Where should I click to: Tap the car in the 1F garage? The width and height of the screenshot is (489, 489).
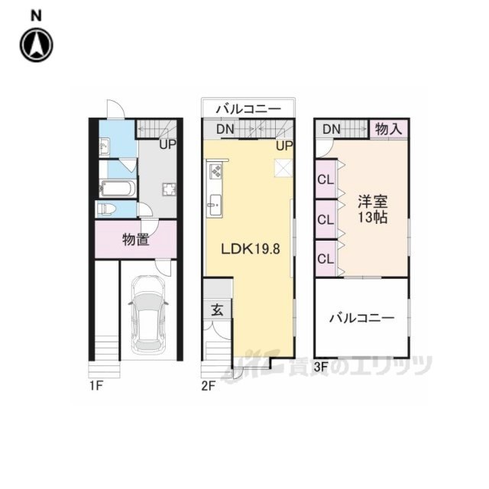148,314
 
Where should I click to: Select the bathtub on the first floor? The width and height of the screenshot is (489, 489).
118,188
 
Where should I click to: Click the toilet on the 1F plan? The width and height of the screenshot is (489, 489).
106,209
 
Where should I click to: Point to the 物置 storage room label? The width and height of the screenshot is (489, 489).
136,239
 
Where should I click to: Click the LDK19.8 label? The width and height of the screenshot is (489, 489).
251,249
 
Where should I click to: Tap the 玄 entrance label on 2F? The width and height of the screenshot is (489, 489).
217,309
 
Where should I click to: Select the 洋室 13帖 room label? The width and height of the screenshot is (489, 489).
373,209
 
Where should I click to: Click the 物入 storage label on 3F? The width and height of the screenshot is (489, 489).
389,128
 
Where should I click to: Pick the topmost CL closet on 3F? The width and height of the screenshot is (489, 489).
325,180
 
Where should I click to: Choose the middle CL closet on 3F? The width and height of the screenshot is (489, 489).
325,220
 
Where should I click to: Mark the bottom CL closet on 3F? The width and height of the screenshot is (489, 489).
325,258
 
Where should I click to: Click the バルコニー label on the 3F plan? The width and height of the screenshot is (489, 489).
361,319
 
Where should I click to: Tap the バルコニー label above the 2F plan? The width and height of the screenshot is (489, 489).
248,109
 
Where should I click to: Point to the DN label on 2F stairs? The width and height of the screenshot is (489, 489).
225,129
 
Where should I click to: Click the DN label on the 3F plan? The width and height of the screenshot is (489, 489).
332,129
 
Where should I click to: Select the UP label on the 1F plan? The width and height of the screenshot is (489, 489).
168,144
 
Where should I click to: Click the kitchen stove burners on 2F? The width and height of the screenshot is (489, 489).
216,171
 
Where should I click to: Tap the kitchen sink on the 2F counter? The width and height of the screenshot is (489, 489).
215,205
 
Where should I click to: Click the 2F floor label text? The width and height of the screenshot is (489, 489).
209,386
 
